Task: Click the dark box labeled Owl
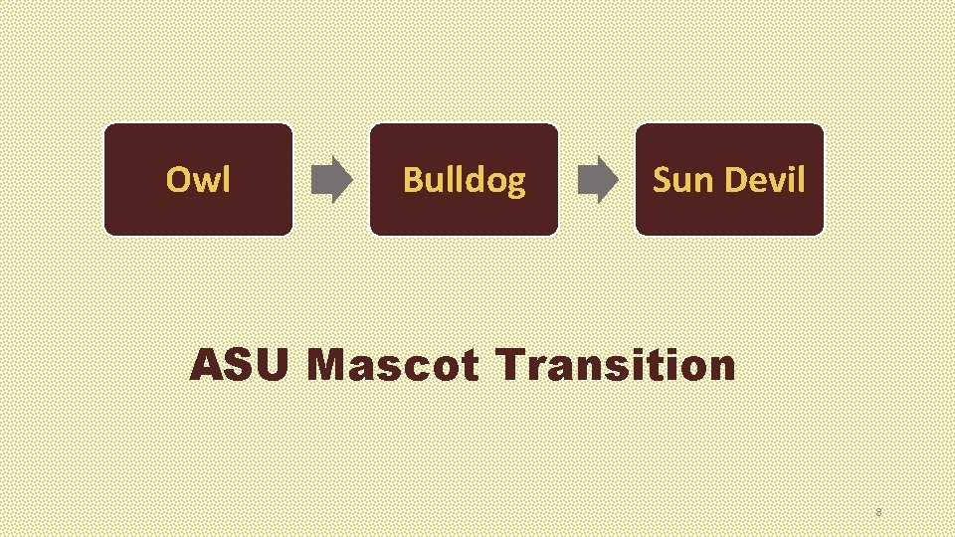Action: tap(199, 180)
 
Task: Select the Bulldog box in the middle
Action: tap(464, 180)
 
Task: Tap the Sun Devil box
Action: tap(729, 180)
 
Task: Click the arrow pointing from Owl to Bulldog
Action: tap(331, 180)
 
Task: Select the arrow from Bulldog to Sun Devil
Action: tap(597, 180)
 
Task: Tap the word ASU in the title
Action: tap(239, 365)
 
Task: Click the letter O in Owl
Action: tap(177, 180)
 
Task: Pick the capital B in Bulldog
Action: tap(412, 180)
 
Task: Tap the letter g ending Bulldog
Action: tap(515, 184)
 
